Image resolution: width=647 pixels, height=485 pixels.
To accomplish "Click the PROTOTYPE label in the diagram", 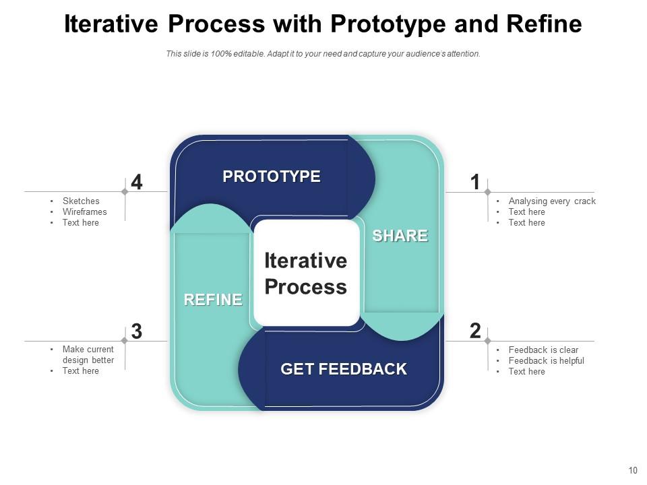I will point(272,176).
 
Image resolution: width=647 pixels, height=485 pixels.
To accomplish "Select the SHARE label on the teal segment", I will point(400,236).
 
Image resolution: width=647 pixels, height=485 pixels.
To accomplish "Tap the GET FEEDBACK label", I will point(343,369).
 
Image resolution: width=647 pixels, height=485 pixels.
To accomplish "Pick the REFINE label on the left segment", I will point(213,300).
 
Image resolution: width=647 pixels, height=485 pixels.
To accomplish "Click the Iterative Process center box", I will point(306,273).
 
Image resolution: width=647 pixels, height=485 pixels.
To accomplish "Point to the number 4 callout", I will point(137,183).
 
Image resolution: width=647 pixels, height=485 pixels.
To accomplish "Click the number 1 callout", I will point(475,183).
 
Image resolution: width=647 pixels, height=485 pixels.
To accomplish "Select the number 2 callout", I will point(475,331).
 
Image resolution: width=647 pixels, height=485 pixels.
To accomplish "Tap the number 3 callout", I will point(137,331).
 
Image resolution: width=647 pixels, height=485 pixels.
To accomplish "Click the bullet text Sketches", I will point(81,201).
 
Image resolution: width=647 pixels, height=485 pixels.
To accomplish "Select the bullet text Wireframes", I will point(85,212).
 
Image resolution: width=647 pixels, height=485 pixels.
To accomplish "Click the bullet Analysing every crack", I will point(552,201).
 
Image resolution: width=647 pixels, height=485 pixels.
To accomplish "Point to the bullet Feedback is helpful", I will point(546,360).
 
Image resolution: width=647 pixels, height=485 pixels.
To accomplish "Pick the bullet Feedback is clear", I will point(543,350).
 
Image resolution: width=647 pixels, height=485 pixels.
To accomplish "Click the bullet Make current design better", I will point(88,355).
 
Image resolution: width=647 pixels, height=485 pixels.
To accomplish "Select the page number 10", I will point(632,471).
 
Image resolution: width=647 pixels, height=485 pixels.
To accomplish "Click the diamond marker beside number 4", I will point(125,192).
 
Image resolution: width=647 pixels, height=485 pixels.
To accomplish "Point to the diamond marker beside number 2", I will point(487,341).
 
